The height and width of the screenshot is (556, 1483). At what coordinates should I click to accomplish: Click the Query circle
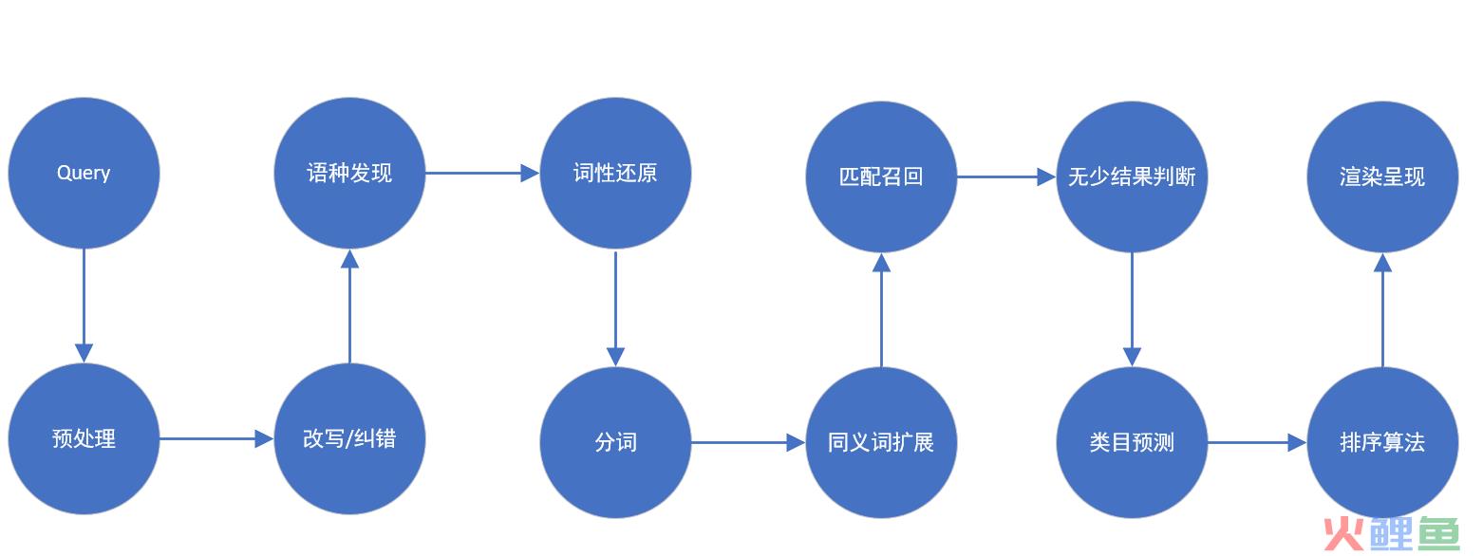tap(84, 173)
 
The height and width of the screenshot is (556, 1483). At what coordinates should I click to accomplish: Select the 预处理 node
tap(84, 438)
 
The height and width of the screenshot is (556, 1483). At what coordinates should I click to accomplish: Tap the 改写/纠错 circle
tap(349, 438)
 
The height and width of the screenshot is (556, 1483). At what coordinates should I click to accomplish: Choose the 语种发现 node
tap(349, 173)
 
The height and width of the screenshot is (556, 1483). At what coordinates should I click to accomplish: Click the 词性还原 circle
tap(615, 173)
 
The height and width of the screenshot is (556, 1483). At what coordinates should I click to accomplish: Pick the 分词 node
tap(615, 442)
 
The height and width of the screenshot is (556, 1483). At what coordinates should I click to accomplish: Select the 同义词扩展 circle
tap(881, 442)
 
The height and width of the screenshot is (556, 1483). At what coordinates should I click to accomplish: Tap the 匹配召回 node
tap(881, 176)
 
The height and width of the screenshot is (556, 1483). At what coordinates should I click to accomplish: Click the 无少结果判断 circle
tap(1132, 176)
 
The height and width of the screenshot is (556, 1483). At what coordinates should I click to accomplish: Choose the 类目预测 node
tap(1132, 442)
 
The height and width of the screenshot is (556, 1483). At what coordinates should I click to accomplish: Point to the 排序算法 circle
tap(1382, 442)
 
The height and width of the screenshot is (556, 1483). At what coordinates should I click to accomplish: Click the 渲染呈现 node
tap(1382, 176)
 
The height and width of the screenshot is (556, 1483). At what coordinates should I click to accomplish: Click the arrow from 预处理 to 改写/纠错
tap(216, 438)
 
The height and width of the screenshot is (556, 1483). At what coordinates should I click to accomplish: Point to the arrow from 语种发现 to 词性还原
tap(482, 173)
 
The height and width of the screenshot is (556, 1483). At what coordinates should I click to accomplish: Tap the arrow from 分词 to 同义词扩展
tap(748, 442)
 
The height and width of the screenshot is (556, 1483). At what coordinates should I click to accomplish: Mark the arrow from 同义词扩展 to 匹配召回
tap(881, 309)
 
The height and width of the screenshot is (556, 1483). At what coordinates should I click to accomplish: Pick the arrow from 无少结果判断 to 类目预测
tap(1132, 309)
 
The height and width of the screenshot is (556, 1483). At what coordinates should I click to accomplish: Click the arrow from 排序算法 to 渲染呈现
tap(1382, 309)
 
